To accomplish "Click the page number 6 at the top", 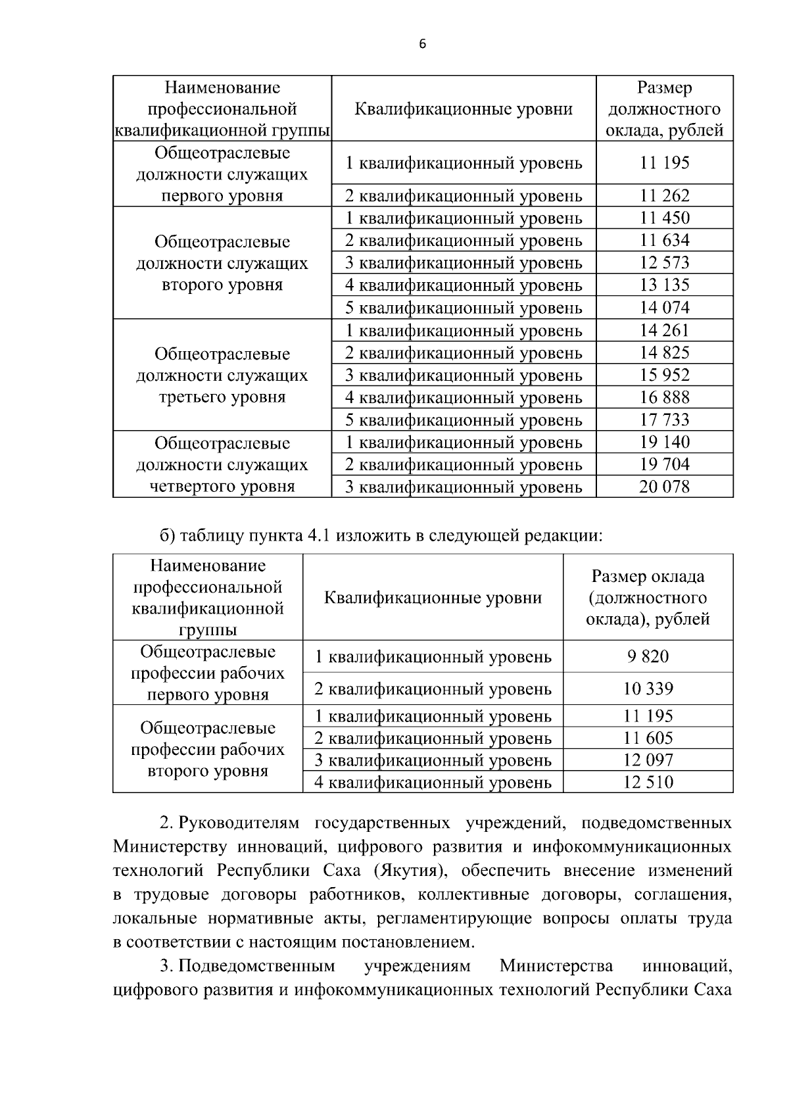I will [422, 44].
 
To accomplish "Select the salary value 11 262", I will [664, 195].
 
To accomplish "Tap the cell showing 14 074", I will [664, 307].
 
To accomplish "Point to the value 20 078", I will [664, 487].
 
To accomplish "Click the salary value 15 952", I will [664, 375].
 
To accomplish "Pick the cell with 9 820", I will [648, 656].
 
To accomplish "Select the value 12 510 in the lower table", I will [648, 782].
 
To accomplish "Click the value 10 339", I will [648, 689].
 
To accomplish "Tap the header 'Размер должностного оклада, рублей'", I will [664, 109].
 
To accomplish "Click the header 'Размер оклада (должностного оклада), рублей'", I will [648, 597].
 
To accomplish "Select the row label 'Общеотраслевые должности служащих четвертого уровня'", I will [222, 464].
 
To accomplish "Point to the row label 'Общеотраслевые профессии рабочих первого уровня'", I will [208, 673].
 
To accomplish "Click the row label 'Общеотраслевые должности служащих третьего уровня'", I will [222, 375].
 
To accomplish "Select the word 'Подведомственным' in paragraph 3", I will [256, 966].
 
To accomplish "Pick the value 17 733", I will [664, 420].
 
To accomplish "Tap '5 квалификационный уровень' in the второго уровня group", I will [464, 307].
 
